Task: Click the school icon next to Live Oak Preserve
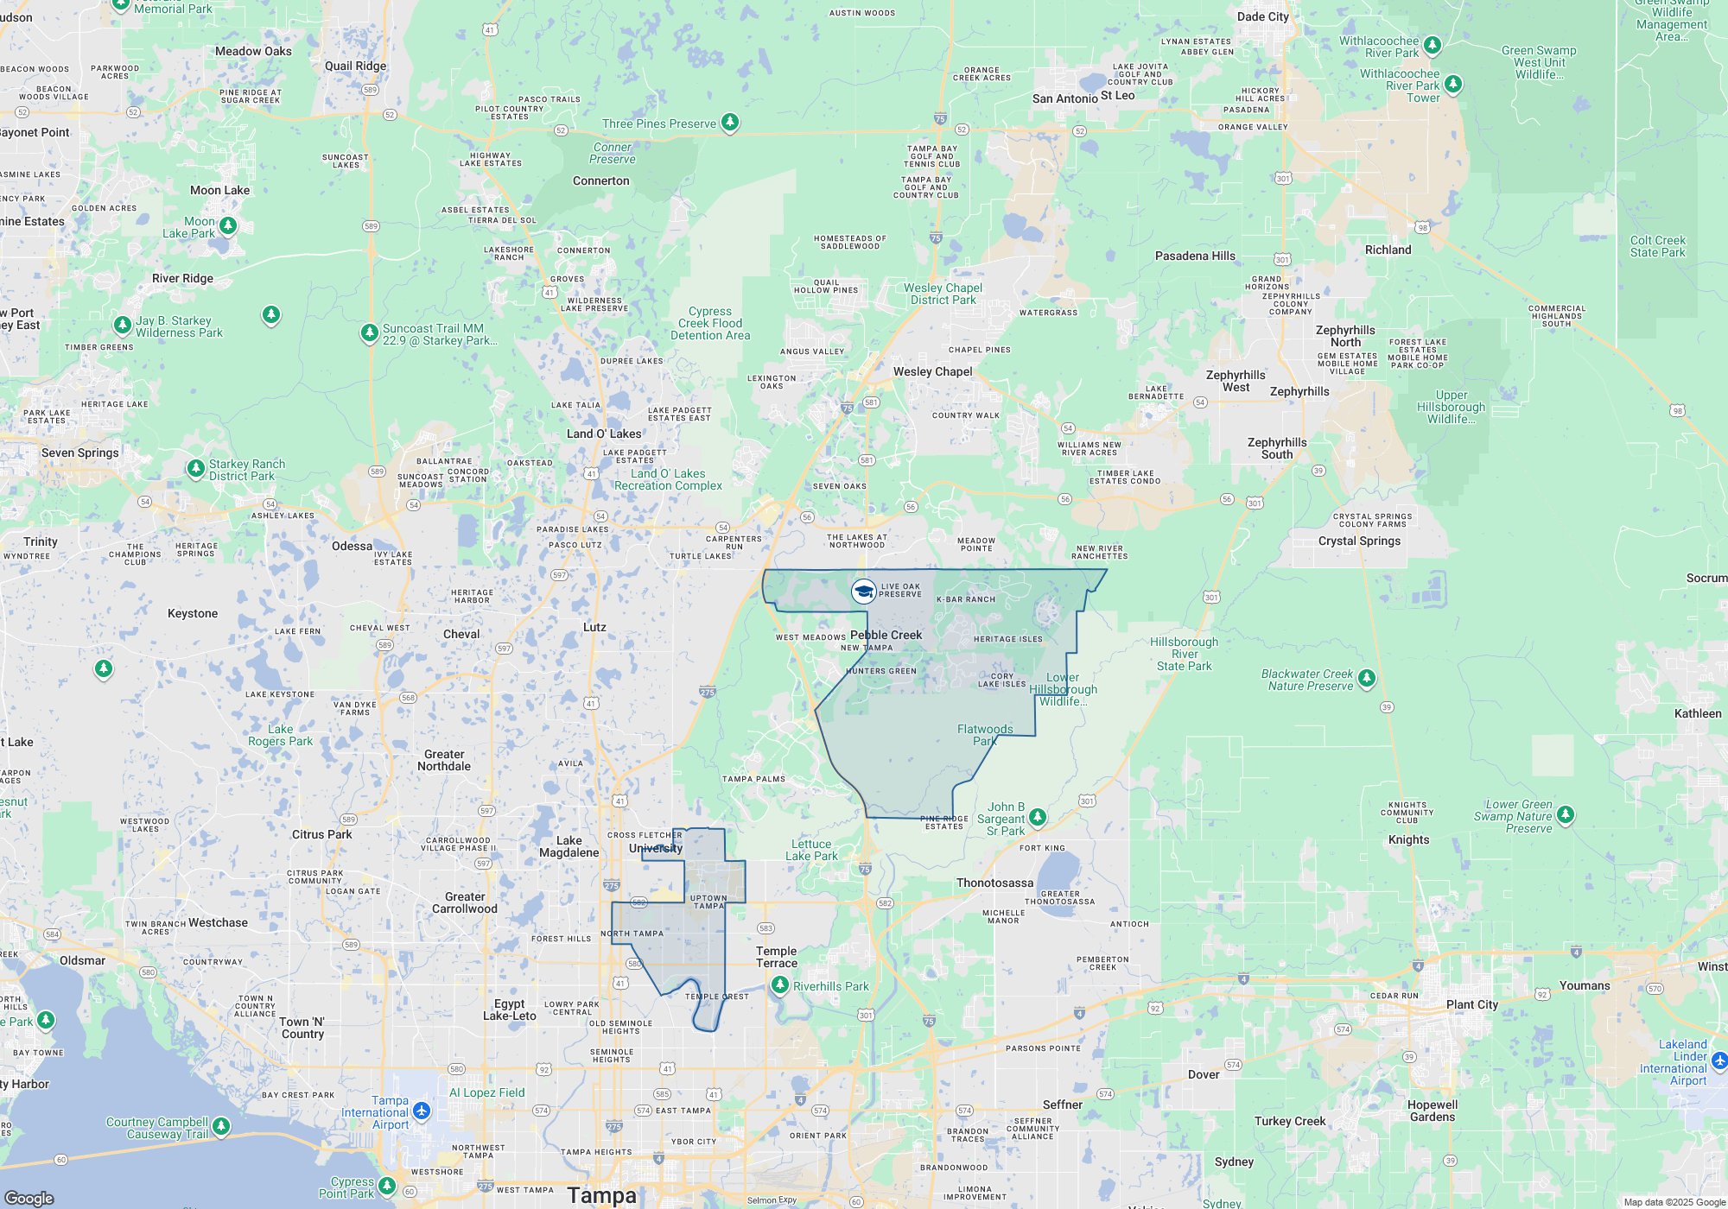coord(863,592)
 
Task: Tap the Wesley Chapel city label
coord(932,372)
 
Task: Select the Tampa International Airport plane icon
coord(422,1111)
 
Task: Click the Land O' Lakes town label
coord(604,434)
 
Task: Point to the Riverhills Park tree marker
coord(780,985)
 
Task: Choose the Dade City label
coord(1262,16)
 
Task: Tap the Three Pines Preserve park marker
coord(730,123)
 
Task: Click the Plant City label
coord(1472,1004)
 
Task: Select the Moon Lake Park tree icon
coord(228,226)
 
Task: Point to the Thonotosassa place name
coord(994,883)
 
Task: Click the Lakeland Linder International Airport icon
coord(1718,1060)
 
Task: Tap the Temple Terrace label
coord(776,957)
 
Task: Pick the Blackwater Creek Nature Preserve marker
coord(1366,679)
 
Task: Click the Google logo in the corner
coord(29,1198)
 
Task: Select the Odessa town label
coord(352,546)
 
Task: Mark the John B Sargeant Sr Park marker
coord(1038,817)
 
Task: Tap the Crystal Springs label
coord(1359,541)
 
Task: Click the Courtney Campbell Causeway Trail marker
coord(221,1126)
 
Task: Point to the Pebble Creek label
coord(886,635)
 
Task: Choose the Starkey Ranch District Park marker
coord(196,469)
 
